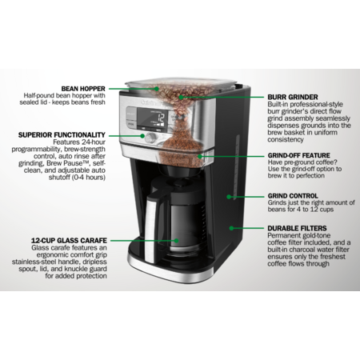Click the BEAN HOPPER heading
coord(83,89)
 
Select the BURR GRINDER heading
coord(293,97)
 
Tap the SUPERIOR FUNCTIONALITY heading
coord(62,135)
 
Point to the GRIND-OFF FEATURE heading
coord(299,155)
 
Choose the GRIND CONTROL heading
coord(293,196)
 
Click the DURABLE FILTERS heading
coord(297,228)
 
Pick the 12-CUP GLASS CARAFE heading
coord(69,241)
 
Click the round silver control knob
coord(151,137)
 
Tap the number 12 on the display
coord(161,118)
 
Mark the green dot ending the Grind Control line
coord(229,197)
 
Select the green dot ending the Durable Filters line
coord(231,228)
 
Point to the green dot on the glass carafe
coord(176,241)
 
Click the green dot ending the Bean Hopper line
coord(157,89)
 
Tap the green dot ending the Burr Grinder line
coord(181,97)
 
